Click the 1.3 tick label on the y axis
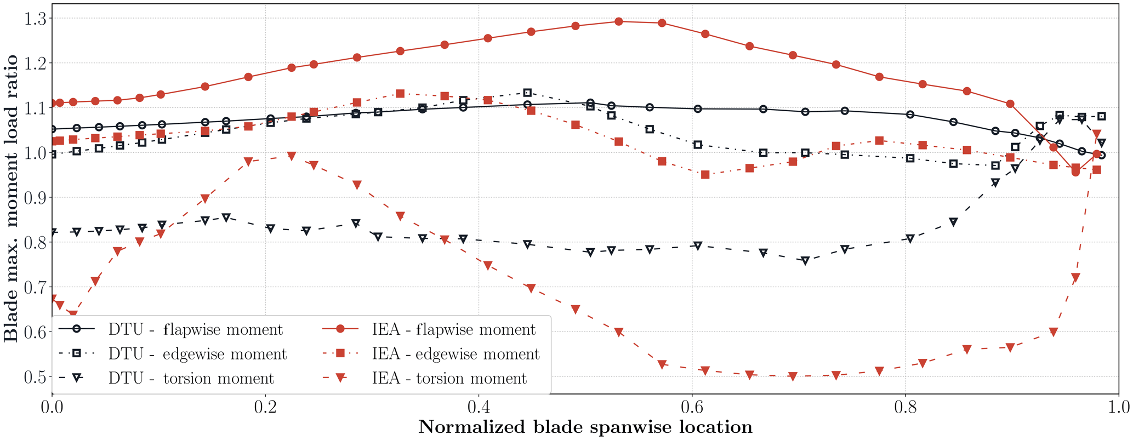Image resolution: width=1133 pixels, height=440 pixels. tap(35, 19)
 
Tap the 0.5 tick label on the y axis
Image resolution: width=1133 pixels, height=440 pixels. tap(35, 377)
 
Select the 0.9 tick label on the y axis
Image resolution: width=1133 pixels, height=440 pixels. tap(35, 198)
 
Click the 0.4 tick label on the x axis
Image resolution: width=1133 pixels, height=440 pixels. tap(479, 408)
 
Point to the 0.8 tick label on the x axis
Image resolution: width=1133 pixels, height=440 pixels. tap(905, 408)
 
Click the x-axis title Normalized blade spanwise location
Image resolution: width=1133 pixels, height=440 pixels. tap(585, 427)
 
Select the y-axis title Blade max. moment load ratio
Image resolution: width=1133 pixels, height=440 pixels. tap(11, 198)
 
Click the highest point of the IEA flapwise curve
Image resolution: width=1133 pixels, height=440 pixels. tap(618, 22)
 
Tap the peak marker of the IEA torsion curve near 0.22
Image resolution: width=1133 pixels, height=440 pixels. tap(292, 156)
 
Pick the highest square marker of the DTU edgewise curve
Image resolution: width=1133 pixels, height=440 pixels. tap(527, 93)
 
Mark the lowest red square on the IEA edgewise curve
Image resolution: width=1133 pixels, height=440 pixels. tap(705, 175)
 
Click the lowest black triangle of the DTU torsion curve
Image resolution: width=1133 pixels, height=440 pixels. tap(805, 261)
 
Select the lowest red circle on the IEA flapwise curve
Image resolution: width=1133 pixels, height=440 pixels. tap(1075, 172)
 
